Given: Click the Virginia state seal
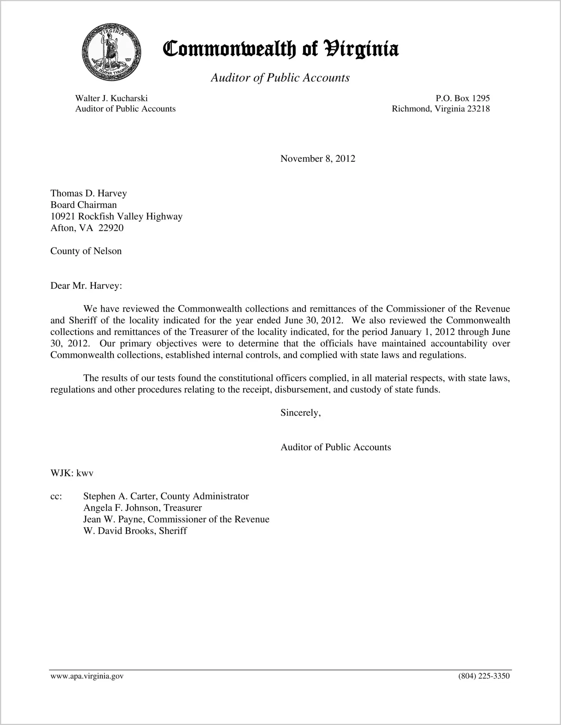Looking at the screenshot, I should [111, 52].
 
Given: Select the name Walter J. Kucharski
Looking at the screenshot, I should [111, 98].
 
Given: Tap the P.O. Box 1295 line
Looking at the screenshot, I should [462, 98].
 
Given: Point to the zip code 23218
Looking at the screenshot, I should [478, 109].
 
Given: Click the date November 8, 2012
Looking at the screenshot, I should [317, 159].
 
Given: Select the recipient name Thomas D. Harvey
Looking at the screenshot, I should [89, 193].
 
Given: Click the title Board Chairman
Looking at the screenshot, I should [83, 205].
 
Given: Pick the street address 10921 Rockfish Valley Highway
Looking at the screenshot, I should [116, 217].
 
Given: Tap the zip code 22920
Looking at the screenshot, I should [111, 228].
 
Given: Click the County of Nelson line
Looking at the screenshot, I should [86, 251].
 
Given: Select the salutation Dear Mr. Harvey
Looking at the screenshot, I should [86, 286].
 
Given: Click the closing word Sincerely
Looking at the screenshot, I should [300, 413].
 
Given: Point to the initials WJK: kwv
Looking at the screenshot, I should [72, 473].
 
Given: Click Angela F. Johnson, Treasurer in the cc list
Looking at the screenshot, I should [142, 508].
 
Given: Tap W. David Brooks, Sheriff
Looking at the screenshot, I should [135, 531].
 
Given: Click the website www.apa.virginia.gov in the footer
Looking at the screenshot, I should [87, 676].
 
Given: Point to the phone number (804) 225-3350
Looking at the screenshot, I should [484, 676].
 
